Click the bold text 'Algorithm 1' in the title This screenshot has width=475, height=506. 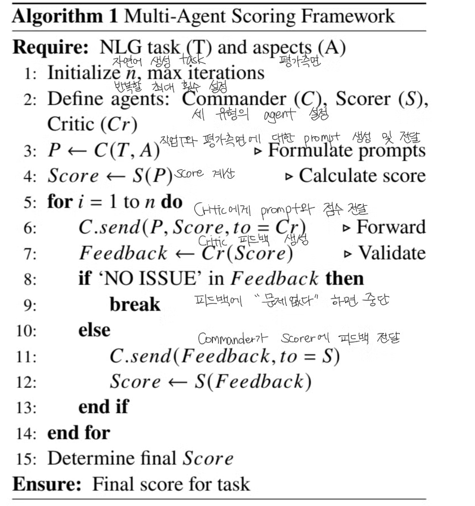[63, 15]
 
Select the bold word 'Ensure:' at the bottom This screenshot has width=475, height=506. [47, 484]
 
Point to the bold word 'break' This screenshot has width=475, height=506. [135, 305]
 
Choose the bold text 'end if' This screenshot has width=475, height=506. [103, 406]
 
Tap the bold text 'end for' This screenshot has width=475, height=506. [79, 433]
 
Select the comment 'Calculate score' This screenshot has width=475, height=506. [362, 176]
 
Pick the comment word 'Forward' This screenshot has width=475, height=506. [391, 227]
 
